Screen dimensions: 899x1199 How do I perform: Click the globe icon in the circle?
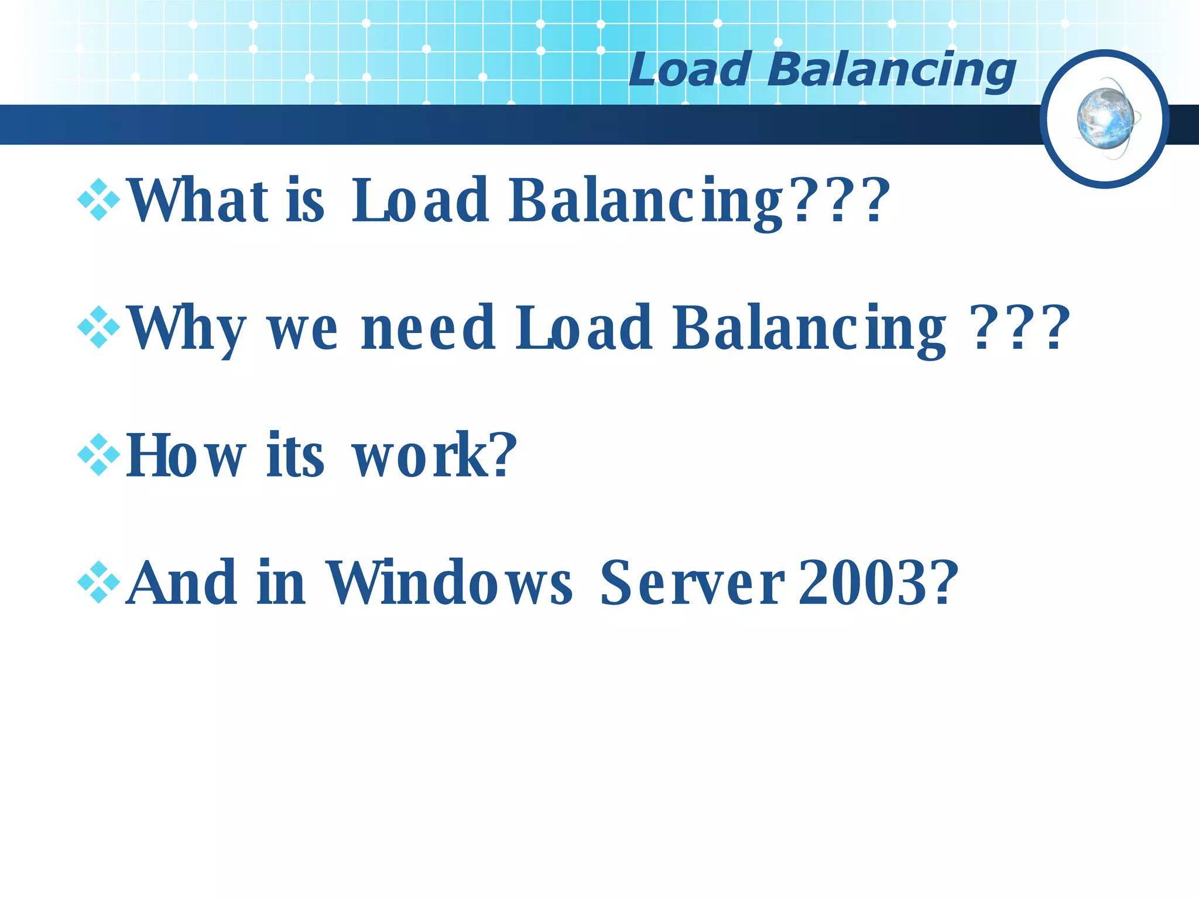[x=1106, y=119]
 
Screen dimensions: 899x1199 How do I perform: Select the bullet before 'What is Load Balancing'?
[x=98, y=200]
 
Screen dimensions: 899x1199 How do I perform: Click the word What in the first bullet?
[x=198, y=200]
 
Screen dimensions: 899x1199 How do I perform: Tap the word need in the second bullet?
[x=428, y=328]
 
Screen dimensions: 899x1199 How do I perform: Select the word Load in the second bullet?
[x=583, y=328]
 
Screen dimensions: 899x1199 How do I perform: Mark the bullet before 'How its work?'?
[x=98, y=455]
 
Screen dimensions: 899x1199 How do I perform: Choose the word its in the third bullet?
[x=295, y=455]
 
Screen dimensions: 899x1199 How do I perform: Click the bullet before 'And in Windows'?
[x=98, y=582]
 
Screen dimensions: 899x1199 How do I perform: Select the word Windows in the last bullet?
[x=448, y=582]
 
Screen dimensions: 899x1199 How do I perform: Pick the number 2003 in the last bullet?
[x=866, y=582]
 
